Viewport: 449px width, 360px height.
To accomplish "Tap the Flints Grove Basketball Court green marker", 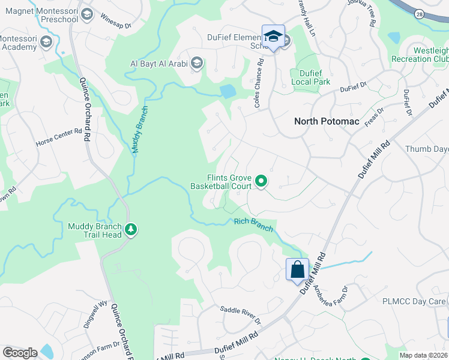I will (261, 180).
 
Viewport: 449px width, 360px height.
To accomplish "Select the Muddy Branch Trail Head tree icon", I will (130, 229).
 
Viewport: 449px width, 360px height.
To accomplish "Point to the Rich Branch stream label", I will (253, 225).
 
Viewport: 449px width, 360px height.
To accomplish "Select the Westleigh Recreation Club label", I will (420, 55).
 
